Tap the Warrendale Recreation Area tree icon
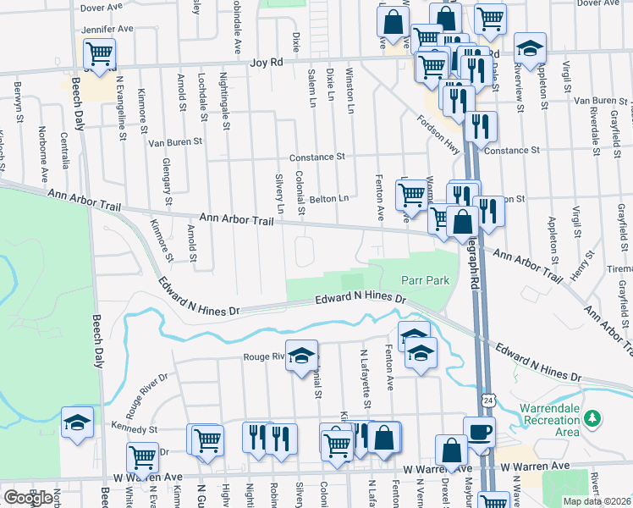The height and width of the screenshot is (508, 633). tap(593, 417)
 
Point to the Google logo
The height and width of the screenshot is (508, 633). tap(28, 498)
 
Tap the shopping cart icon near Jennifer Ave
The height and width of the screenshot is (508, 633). tap(99, 54)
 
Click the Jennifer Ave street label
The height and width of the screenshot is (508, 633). tap(108, 29)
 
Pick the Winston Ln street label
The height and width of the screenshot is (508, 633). tap(350, 86)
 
